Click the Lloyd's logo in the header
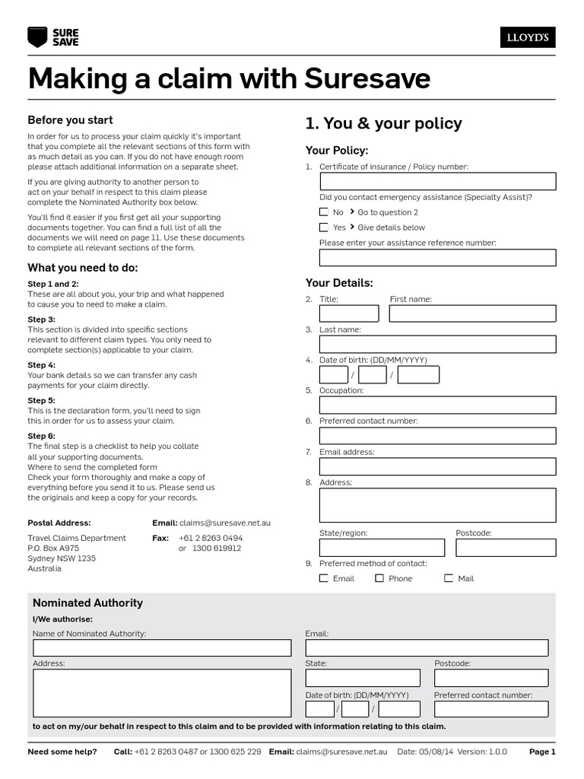[527, 37]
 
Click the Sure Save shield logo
[36, 37]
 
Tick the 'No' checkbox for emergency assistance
[324, 212]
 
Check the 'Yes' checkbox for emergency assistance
[324, 227]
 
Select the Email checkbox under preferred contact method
[324, 578]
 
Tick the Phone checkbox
[379, 578]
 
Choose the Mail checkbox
[449, 578]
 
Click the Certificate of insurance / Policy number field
[437, 181]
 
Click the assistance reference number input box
[437, 257]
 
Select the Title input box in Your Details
[349, 313]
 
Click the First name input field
[472, 313]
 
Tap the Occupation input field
[437, 405]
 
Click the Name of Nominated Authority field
[162, 647]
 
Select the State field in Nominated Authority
[363, 678]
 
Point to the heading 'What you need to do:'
[83, 268]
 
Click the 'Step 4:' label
[42, 365]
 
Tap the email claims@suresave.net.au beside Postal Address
[224, 523]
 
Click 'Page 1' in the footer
[542, 752]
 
